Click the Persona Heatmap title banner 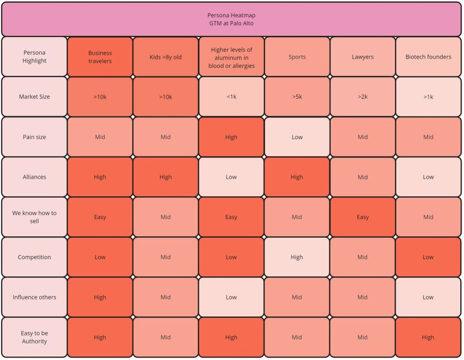pos(231,19)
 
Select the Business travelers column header pos(100,57)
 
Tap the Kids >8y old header pos(165,57)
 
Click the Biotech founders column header pos(428,57)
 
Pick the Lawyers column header pos(362,57)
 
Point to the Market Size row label pos(34,97)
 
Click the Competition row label pos(34,257)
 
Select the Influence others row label pos(34,297)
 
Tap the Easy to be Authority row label pos(34,337)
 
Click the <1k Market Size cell pos(231,97)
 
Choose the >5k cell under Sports pos(297,97)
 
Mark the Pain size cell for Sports pos(297,137)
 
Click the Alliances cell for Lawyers pos(362,177)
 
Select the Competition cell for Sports pos(297,257)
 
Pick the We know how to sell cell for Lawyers pos(362,217)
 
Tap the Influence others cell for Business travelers pos(100,297)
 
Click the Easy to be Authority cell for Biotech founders pos(428,337)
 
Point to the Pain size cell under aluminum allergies pos(231,137)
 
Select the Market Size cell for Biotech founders pos(428,97)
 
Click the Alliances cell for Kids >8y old pos(165,177)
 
